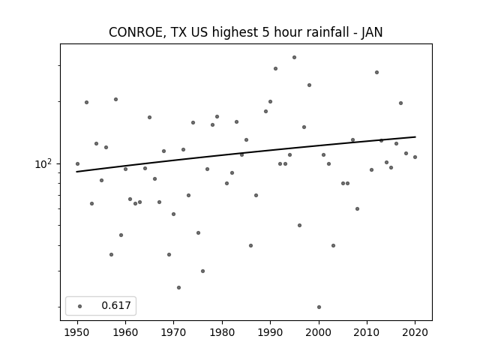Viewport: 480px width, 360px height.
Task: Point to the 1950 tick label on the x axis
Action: pos(77,332)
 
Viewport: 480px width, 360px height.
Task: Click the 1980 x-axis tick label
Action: pos(222,332)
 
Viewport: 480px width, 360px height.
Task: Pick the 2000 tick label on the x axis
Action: pos(319,332)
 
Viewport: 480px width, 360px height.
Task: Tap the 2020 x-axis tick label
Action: pos(415,332)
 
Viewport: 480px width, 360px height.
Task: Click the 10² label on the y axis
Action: pos(43,164)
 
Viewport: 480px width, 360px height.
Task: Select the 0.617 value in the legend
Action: pos(116,305)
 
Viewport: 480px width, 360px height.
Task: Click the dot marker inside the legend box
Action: pos(80,306)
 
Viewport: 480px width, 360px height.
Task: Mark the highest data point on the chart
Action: pos(294,57)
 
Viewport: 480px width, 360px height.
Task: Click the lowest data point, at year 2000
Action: pos(319,307)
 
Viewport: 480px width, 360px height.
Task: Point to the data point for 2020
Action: pos(415,157)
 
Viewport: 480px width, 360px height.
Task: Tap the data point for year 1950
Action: pos(77,163)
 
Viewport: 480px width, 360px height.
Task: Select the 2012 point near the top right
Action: pos(376,72)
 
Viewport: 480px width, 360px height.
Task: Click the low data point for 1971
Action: pos(178,287)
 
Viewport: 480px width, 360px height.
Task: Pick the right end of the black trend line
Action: pos(415,136)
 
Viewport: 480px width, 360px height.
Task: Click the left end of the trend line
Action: pos(76,172)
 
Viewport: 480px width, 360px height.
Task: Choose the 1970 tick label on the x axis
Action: pos(174,332)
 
